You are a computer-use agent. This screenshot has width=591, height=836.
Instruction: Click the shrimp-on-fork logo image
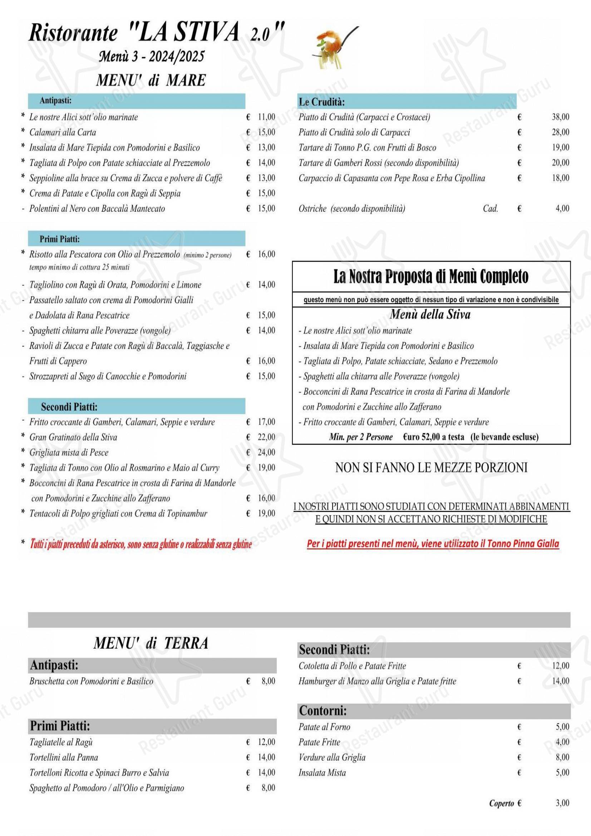pos(333,47)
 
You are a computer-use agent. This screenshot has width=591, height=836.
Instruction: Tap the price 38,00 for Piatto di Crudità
pos(560,117)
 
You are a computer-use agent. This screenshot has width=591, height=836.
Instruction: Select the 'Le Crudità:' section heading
pos(321,102)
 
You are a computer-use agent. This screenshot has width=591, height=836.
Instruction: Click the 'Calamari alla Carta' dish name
pos(63,133)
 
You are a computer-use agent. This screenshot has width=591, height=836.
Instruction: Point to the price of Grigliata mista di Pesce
pos(266,452)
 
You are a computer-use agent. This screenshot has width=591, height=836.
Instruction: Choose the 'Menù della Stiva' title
pos(430,315)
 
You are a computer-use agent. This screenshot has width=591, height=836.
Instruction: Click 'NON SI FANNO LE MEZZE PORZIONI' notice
pos(431,468)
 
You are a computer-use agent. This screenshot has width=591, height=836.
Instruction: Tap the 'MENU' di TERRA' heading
pos(151,643)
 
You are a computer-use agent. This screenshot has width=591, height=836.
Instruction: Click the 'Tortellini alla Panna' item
pos(64,757)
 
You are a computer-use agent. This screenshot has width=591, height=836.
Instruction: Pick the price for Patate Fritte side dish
pos(562,742)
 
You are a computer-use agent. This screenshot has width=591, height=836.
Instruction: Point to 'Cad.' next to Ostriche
pos(490,209)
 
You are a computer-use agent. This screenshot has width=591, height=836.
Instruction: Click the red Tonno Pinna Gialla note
pos(433,544)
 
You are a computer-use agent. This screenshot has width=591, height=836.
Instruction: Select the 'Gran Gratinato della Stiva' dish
pos(73,437)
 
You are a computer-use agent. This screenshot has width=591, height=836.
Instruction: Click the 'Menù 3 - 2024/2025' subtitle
pos(152,57)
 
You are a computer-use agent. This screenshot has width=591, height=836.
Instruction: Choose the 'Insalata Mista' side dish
pos(322,773)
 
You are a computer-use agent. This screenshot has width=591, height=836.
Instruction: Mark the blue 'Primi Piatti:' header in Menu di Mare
pos(59,239)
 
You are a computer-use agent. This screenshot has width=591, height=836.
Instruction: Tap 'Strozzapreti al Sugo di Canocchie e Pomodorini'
pos(108,376)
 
